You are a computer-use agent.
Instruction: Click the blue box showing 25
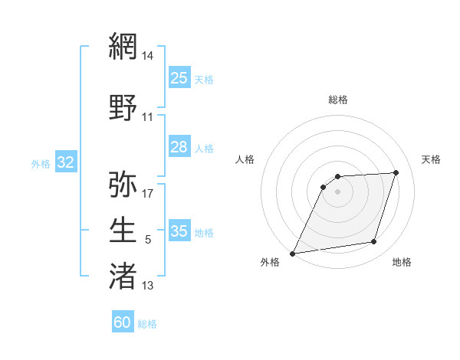[179, 77]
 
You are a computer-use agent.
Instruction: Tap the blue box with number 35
[179, 231]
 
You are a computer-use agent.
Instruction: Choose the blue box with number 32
[65, 162]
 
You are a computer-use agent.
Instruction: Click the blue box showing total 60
[123, 322]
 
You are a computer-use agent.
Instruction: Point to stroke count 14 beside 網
[148, 56]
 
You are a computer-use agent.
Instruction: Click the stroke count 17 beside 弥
[148, 193]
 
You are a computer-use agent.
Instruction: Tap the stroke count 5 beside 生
[148, 240]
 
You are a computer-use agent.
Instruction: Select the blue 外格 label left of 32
[41, 163]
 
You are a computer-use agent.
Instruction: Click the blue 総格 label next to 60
[147, 323]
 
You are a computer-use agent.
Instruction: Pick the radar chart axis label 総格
[338, 100]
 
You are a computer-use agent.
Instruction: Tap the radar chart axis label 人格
[245, 159]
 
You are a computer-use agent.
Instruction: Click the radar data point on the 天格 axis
[396, 172]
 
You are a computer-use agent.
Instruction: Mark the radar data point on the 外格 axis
[292, 254]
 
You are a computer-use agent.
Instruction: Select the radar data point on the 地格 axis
[374, 242]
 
